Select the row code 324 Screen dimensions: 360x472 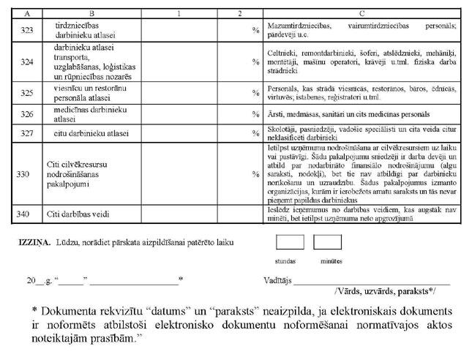pyautogui.click(x=28, y=62)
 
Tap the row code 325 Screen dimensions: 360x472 pyautogui.click(x=28, y=94)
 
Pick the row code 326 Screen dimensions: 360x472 pyautogui.click(x=28, y=115)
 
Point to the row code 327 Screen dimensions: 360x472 pyautogui.click(x=28, y=133)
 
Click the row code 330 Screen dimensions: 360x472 pyautogui.click(x=28, y=175)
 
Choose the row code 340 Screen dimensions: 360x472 pyautogui.click(x=28, y=214)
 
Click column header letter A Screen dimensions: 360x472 pyautogui.click(x=27, y=13)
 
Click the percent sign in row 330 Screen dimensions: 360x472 pyautogui.click(x=255, y=175)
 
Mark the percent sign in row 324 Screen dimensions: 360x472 pyautogui.click(x=255, y=62)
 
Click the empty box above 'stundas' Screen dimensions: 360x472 pyautogui.click(x=288, y=244)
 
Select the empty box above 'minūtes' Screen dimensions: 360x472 pyautogui.click(x=327, y=244)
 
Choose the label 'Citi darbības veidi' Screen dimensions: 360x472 pyautogui.click(x=85, y=214)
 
